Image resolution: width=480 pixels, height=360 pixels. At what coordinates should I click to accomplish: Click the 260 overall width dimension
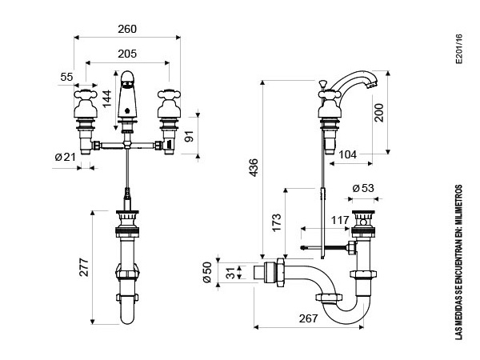(127, 29)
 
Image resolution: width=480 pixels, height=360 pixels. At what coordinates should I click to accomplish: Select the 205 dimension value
(127, 54)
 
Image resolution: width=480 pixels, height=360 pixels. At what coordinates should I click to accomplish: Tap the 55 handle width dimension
(66, 77)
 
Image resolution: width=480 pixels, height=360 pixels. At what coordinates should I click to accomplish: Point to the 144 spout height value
(107, 98)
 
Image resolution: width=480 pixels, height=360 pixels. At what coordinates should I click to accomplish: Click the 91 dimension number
(190, 136)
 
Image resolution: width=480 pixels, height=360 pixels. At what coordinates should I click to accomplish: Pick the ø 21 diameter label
(65, 158)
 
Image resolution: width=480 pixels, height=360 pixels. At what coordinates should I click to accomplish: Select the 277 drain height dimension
(84, 267)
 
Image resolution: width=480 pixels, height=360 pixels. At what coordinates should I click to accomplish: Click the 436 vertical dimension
(254, 167)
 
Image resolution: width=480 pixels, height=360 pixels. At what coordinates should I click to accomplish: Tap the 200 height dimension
(379, 113)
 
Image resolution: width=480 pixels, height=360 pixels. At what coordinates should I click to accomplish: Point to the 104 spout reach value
(347, 154)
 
